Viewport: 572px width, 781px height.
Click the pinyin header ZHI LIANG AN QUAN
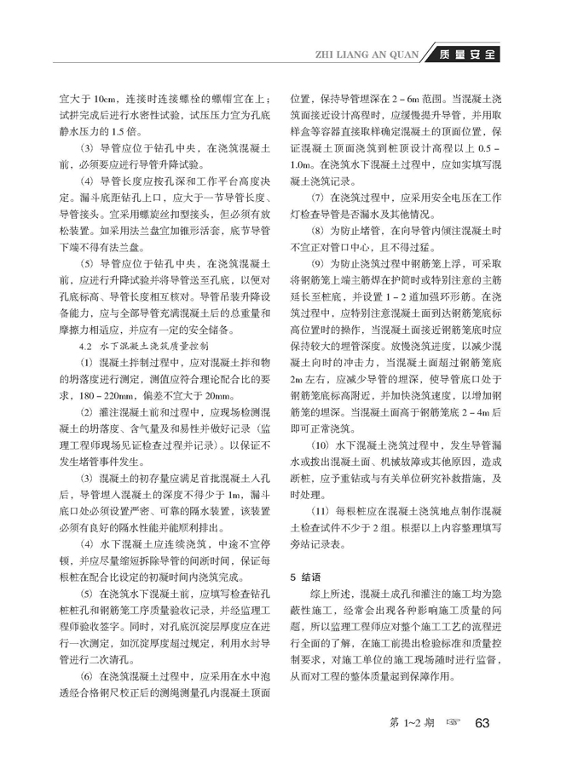(368, 56)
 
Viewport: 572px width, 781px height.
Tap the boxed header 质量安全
(461, 56)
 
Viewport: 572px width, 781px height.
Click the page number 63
(482, 722)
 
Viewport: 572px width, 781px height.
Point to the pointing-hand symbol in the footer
(453, 722)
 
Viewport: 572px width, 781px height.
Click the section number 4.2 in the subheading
(84, 324)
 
